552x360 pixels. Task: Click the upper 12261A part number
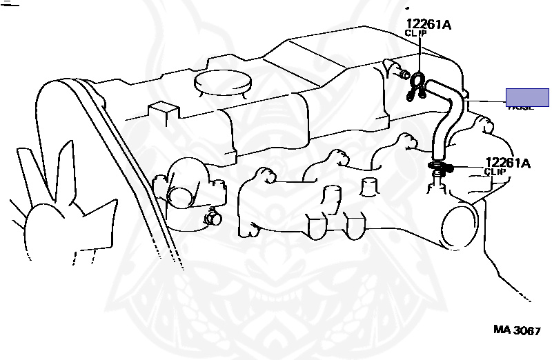(x=428, y=25)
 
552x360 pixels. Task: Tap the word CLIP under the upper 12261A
(x=416, y=33)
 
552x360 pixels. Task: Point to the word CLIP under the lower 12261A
(x=495, y=172)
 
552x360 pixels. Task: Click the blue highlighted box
(x=527, y=97)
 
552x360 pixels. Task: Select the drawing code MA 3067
(x=516, y=330)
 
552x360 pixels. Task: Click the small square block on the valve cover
(x=163, y=110)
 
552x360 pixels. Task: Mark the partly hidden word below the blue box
(x=522, y=108)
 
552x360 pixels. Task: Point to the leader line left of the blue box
(x=486, y=101)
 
